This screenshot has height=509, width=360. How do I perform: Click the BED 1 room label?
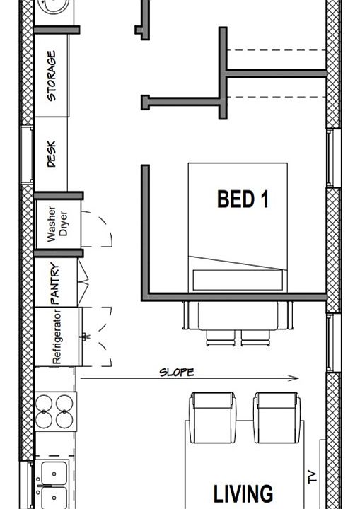coord(243,199)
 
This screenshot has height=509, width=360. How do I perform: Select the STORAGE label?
coord(52,75)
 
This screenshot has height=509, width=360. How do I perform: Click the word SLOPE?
coord(176,372)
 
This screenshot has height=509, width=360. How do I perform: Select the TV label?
coord(312,479)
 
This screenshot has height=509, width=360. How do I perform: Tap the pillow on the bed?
coord(236,279)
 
